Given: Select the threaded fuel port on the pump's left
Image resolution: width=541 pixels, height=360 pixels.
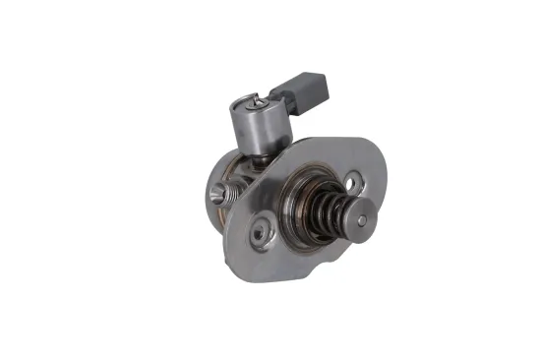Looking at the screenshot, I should click(x=218, y=187).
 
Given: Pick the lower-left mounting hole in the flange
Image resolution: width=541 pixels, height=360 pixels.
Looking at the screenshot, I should click(x=262, y=234).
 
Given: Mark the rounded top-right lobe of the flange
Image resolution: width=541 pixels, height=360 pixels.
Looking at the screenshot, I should click(x=369, y=162).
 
